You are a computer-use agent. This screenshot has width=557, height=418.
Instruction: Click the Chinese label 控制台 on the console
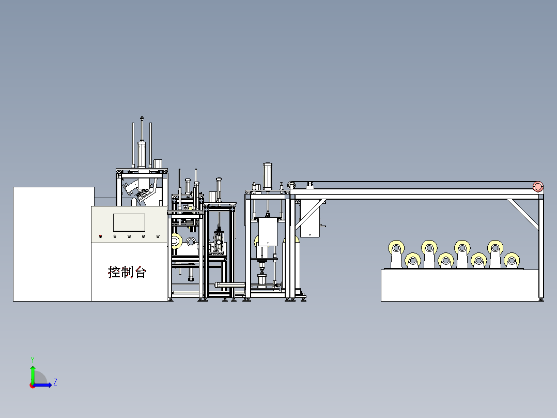coord(127,272)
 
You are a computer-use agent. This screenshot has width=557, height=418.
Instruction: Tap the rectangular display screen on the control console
coord(129,222)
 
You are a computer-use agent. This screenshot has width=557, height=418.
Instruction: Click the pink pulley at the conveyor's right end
coord(538,186)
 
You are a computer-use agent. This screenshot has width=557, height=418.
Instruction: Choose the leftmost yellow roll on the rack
coord(396,248)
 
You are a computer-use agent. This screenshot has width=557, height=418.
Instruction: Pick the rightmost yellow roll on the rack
coord(512,260)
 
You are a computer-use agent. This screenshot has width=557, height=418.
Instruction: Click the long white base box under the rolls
coord(460,286)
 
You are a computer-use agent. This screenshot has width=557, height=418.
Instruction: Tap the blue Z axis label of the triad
coord(55,382)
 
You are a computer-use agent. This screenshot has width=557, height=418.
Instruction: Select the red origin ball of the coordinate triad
coord(33,385)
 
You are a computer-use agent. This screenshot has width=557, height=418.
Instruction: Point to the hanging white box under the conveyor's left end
coord(310,219)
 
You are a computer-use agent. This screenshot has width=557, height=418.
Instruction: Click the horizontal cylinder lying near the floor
coord(229,284)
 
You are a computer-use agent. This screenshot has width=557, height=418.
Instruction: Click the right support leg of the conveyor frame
coord(541,246)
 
